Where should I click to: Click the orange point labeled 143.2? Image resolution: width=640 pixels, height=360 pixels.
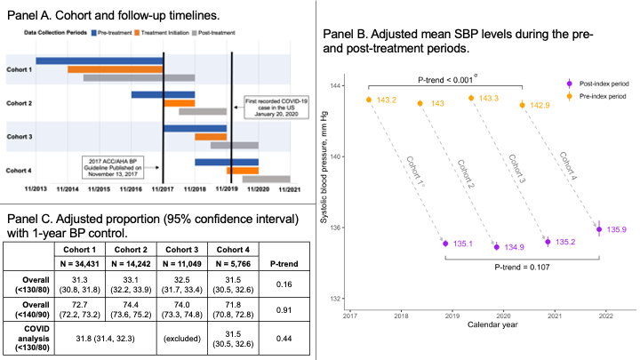tap(368, 100)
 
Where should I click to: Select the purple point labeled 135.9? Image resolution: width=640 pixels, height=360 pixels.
tap(599, 229)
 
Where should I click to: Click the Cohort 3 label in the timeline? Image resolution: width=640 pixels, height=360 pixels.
tap(20, 136)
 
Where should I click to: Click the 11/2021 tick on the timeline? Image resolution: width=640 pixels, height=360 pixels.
tap(290, 189)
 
